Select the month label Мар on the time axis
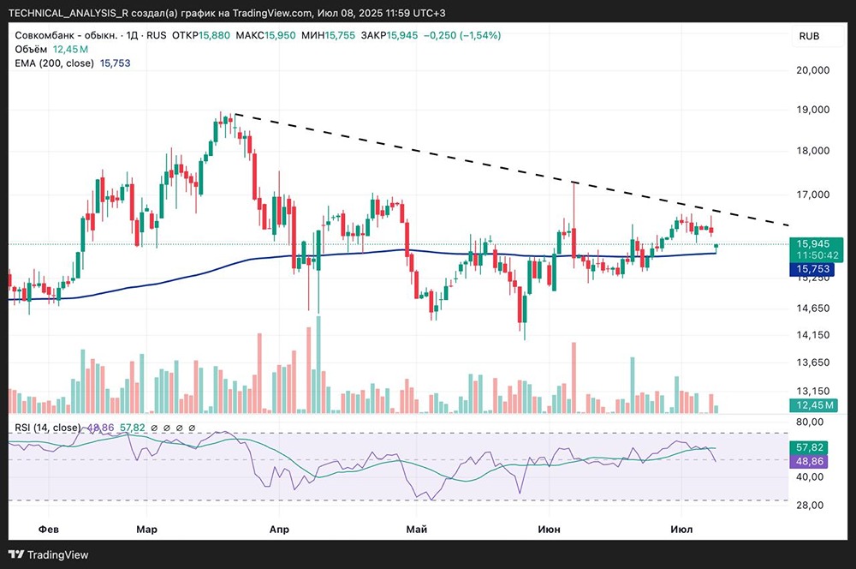(146, 530)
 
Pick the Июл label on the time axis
(681, 530)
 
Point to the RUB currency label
(810, 36)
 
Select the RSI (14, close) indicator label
(48, 428)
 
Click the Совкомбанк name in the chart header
(46, 35)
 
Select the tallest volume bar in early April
(319, 364)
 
